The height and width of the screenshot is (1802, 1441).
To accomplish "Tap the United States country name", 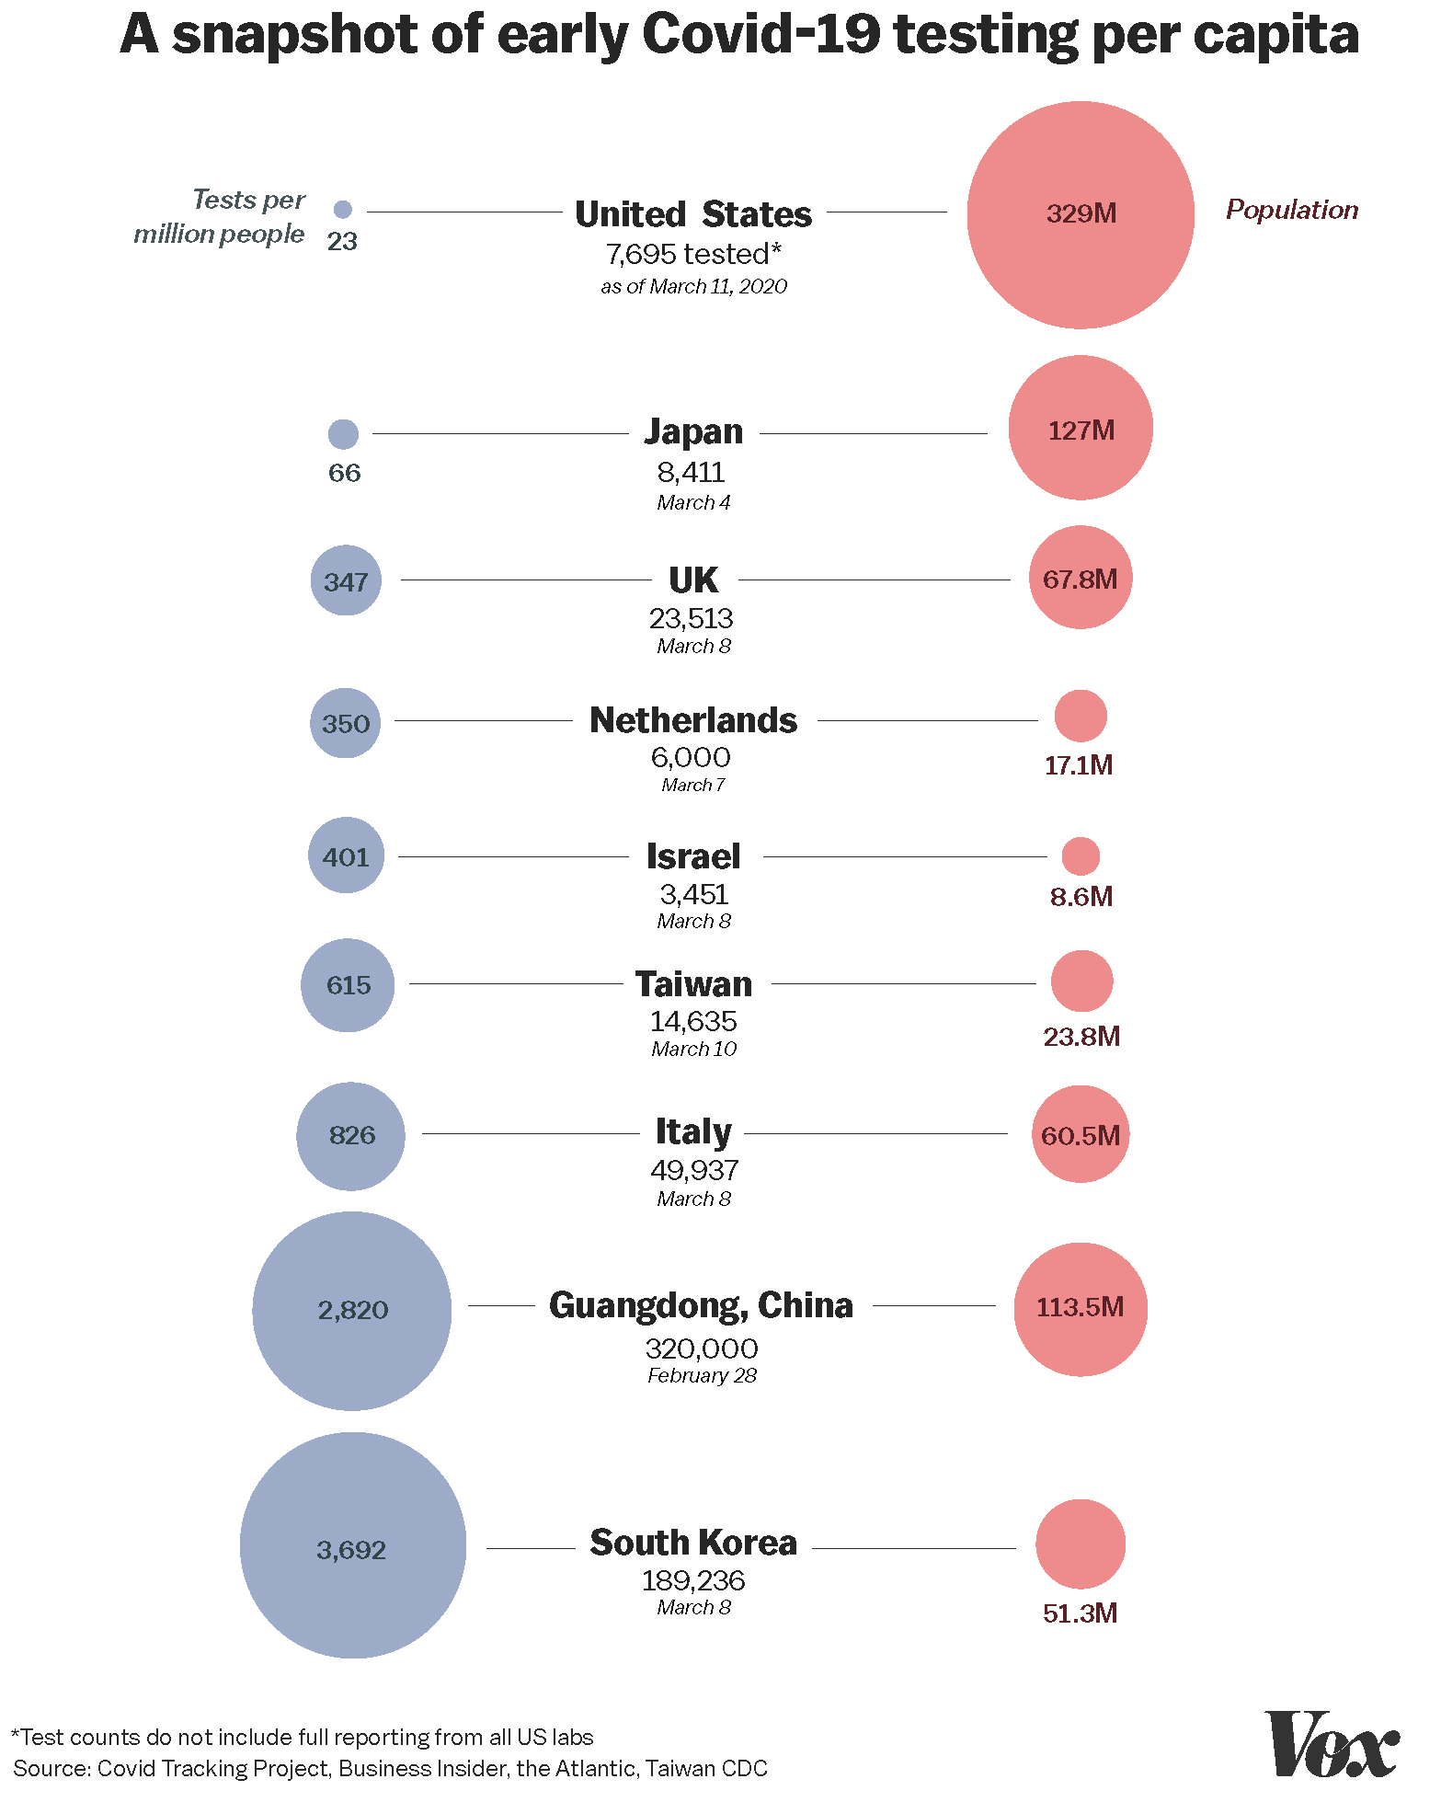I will point(693,214).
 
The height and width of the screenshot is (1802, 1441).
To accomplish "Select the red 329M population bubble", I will point(1081,214).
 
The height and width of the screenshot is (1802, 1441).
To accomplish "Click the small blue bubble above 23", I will point(342,210).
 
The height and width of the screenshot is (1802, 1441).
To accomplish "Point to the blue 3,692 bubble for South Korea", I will point(352,1545).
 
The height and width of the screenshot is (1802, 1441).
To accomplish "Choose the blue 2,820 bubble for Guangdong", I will point(352,1310).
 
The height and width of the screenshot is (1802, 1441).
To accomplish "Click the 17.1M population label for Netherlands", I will point(1079,765).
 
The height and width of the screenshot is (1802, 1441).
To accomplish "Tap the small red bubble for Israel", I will point(1081,856).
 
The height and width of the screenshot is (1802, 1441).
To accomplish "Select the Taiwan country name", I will point(693,984).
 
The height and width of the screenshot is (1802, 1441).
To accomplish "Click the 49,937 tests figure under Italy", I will point(694,1170).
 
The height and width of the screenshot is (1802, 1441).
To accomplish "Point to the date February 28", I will point(702,1376).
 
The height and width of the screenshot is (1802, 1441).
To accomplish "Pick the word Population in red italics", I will point(1292,210).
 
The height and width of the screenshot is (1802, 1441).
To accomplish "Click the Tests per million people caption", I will point(221,217).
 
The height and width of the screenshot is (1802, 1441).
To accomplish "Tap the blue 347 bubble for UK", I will point(346,580).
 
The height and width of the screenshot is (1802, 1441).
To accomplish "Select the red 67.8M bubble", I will point(1081,578).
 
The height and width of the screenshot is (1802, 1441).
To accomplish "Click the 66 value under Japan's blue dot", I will point(344,473).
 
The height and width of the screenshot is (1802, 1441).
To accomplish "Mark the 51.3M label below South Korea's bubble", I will point(1080,1613).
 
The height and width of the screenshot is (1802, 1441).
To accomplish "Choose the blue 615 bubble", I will point(348,985).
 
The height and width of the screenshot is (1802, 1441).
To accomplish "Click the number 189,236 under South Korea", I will point(693,1580).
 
